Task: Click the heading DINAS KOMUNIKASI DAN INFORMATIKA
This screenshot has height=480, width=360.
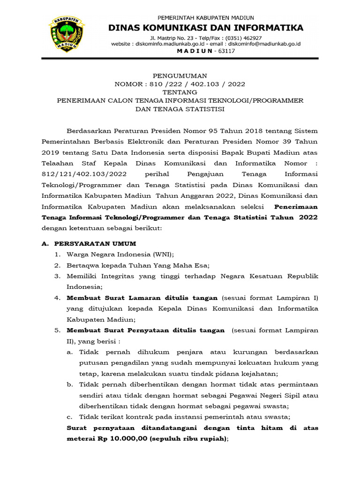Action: click(206, 28)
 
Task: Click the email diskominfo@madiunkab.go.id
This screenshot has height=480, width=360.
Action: click(264, 44)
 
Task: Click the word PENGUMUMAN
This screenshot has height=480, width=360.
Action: click(180, 75)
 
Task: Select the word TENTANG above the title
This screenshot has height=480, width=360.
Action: click(180, 92)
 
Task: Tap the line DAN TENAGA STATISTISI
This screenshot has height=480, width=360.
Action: click(180, 109)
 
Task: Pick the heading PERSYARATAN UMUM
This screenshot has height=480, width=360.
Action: click(96, 244)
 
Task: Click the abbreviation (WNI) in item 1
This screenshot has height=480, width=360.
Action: click(162, 255)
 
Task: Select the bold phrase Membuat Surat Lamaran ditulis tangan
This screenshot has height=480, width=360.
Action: click(142, 298)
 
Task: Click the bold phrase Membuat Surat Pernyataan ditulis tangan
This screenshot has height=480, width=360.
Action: click(146, 330)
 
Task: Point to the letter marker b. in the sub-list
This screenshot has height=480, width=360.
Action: click(70, 384)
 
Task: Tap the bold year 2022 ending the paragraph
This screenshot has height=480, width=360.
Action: click(308, 217)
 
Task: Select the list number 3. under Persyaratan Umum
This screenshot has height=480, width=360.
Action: click(57, 276)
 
